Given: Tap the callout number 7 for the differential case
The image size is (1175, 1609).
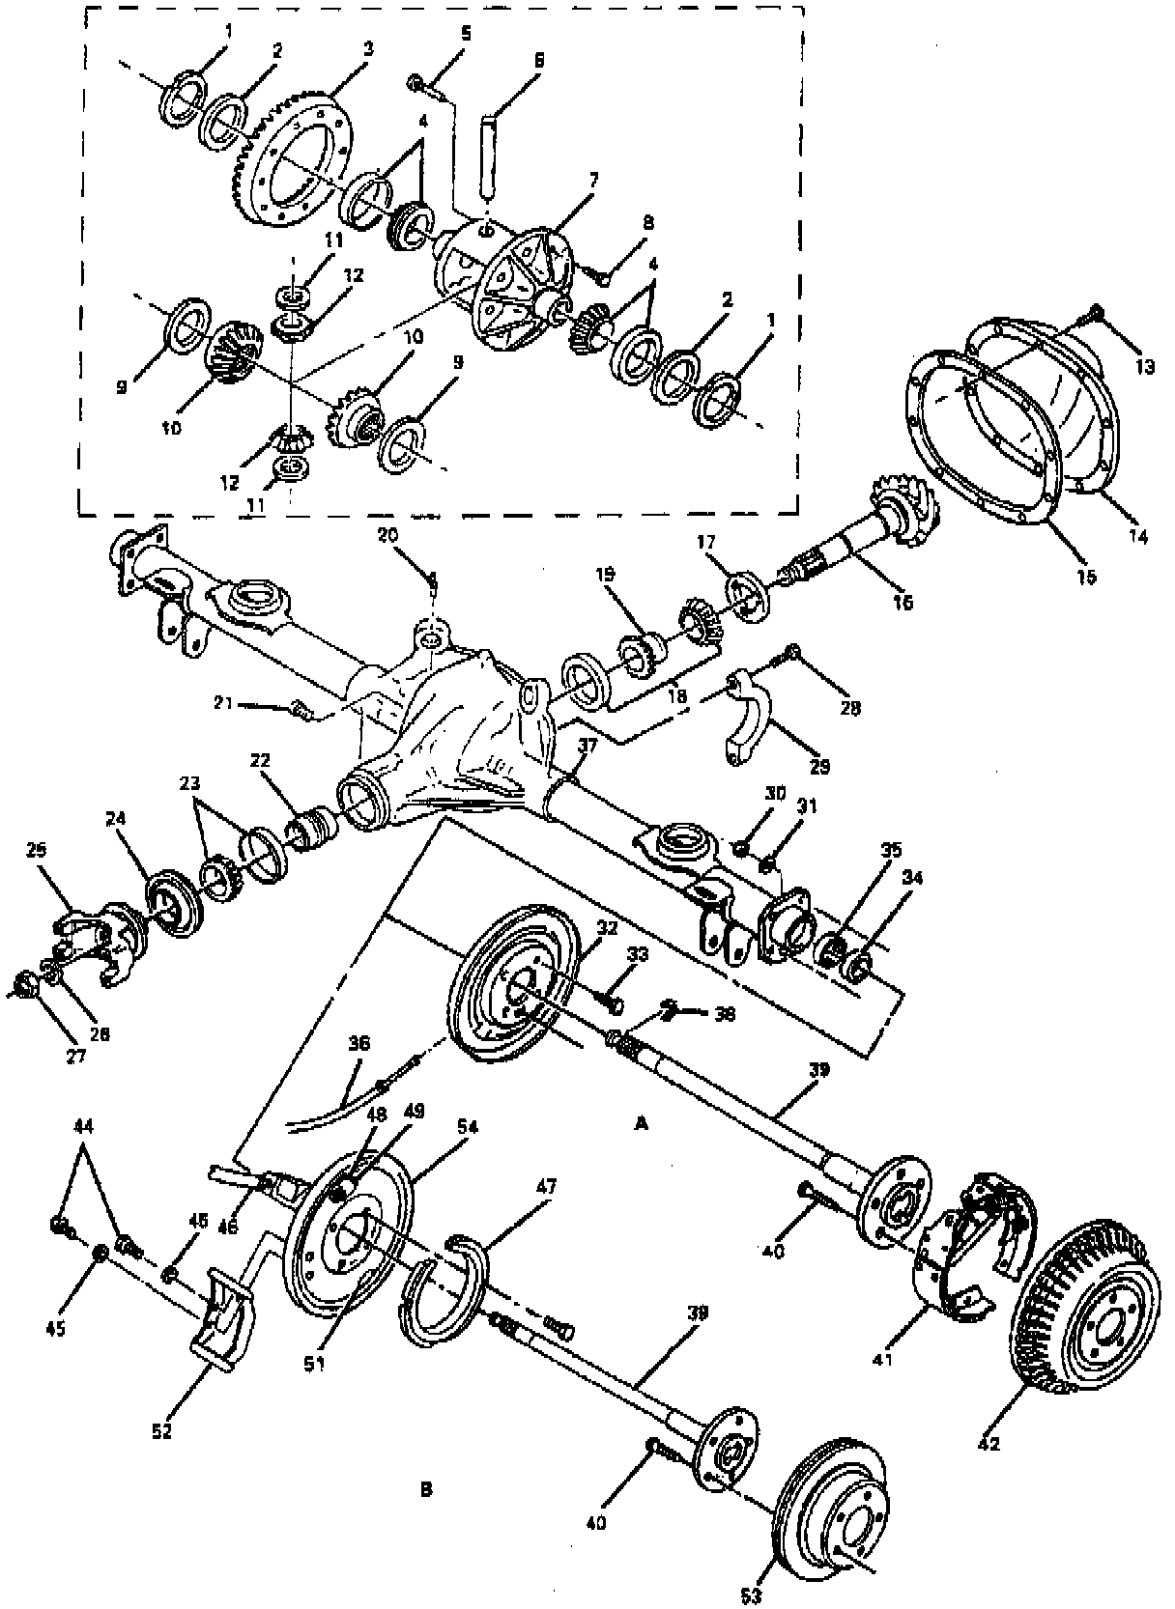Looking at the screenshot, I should (x=593, y=179).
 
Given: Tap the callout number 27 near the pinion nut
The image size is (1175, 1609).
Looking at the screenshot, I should (x=76, y=1056).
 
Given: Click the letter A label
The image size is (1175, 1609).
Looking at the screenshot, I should (x=640, y=1123).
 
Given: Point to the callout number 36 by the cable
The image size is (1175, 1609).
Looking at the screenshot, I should (x=359, y=1043).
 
